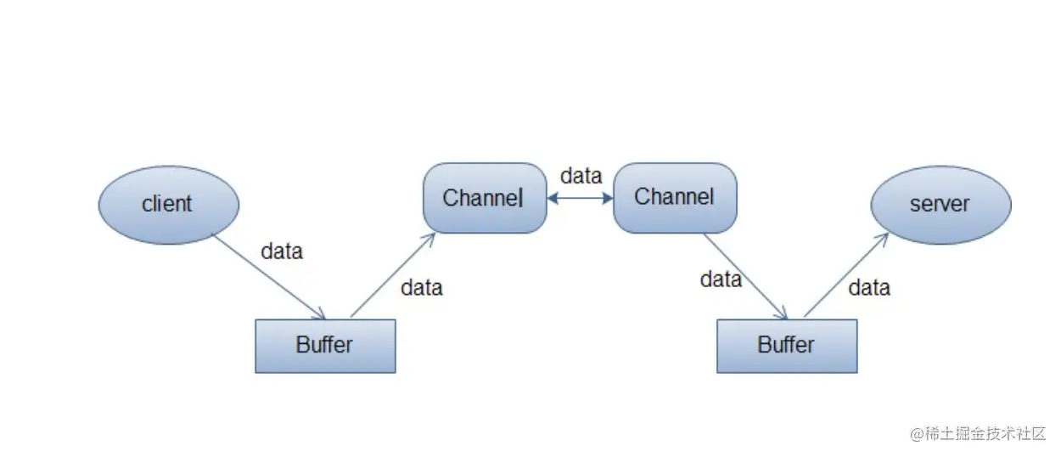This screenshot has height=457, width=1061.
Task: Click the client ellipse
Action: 169,204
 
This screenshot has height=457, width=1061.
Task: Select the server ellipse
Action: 940,204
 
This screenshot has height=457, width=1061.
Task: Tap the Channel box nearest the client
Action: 485,198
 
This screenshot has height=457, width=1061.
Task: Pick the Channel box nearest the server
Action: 675,198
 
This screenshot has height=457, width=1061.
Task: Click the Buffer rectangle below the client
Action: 325,346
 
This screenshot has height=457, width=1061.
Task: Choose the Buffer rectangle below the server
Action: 787,346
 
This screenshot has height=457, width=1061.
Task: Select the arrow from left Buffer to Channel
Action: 392,274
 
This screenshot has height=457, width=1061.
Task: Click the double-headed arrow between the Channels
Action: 580,198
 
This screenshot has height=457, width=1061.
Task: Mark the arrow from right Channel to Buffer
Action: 745,276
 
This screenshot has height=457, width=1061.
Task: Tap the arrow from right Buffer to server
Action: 845,275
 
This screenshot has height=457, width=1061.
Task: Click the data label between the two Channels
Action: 581,176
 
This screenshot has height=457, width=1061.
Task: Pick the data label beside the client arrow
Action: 282,251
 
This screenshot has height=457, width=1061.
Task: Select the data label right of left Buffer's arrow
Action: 422,288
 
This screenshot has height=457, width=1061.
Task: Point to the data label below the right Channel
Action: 721,279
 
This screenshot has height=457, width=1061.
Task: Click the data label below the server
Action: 869,288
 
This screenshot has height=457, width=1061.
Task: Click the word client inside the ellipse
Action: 167,204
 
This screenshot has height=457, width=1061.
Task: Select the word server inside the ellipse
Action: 940,204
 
